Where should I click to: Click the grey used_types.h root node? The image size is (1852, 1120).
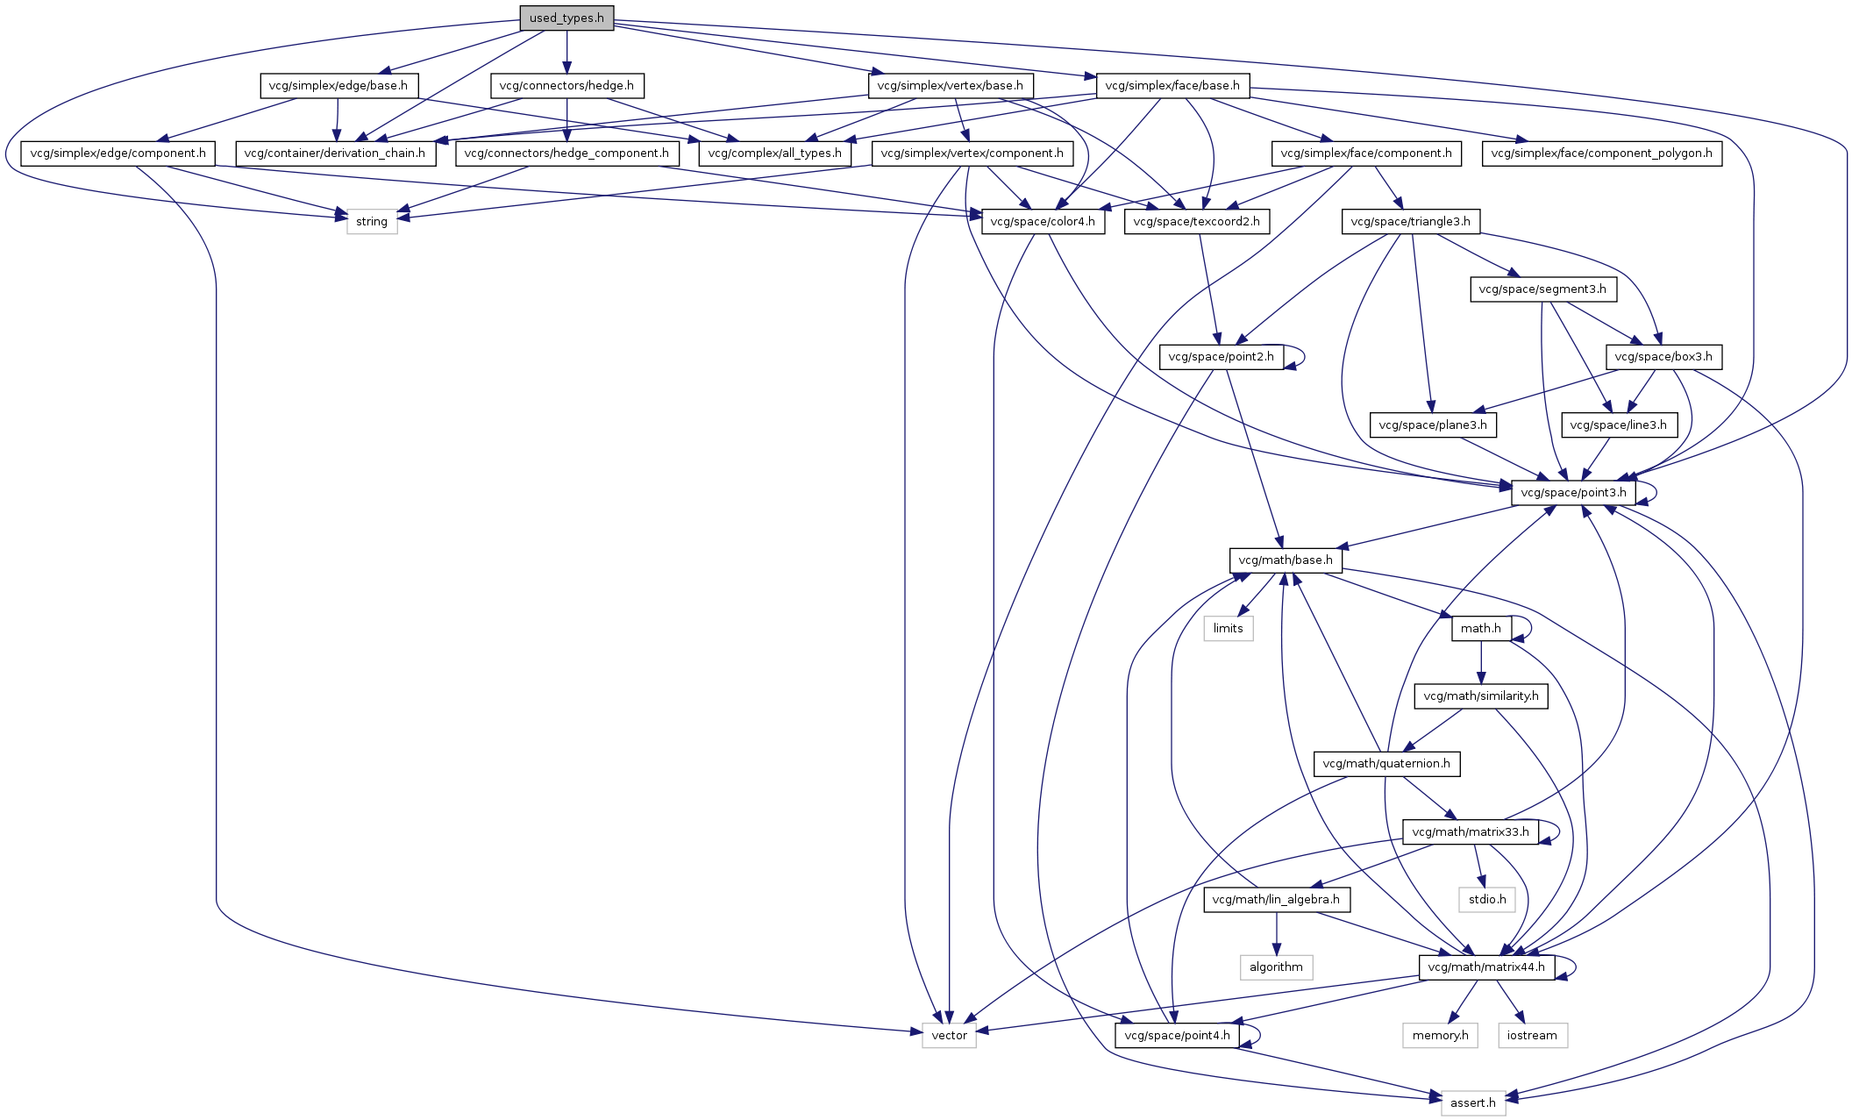(x=566, y=18)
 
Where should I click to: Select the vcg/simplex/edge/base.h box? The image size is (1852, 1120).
(x=338, y=86)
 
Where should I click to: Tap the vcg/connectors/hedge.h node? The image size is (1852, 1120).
(x=566, y=86)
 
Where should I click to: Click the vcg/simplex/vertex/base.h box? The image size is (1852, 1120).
(x=950, y=86)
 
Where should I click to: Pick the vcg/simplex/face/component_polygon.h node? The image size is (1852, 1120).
(x=1601, y=153)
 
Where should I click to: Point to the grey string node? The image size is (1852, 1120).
(x=372, y=222)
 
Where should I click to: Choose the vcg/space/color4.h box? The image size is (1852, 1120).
(x=1042, y=222)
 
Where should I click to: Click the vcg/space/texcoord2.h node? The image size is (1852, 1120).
(x=1196, y=222)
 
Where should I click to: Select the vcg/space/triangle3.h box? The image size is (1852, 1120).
(x=1410, y=222)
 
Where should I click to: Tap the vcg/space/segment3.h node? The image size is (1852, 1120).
(x=1542, y=289)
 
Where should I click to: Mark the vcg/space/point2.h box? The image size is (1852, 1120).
(x=1221, y=357)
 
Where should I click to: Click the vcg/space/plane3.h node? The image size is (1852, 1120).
(x=1433, y=425)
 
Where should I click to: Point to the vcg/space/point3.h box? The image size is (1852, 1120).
(x=1573, y=493)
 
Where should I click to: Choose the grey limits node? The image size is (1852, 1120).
(x=1228, y=629)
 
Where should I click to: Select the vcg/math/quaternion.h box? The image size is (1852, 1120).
(x=1385, y=764)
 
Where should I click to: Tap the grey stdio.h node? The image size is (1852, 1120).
(x=1487, y=900)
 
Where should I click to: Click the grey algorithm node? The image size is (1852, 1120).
(x=1276, y=967)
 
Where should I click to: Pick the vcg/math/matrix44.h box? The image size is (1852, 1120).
(x=1486, y=967)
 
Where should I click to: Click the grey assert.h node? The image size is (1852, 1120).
(x=1472, y=1103)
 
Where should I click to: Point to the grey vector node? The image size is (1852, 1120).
(x=949, y=1036)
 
